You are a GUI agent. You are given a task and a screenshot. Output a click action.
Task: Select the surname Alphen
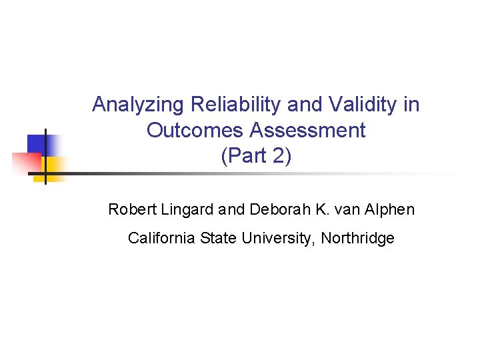pos(388,210)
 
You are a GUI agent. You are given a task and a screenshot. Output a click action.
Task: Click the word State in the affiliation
pos(215,238)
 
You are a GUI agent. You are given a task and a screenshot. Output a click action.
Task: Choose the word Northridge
pos(358,238)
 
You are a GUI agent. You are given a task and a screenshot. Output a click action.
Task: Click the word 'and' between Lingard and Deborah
pos(231,210)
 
